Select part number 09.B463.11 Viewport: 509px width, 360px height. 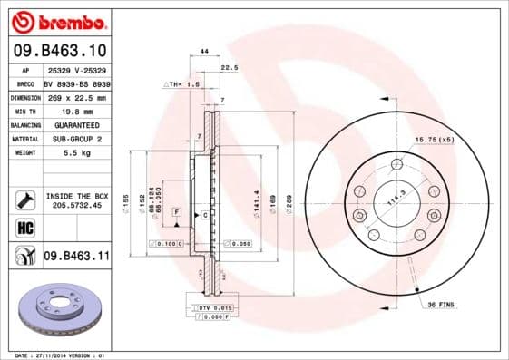75,257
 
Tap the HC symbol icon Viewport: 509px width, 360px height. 24,228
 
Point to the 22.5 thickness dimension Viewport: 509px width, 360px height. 230,66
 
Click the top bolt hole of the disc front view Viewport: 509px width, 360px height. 396,164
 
